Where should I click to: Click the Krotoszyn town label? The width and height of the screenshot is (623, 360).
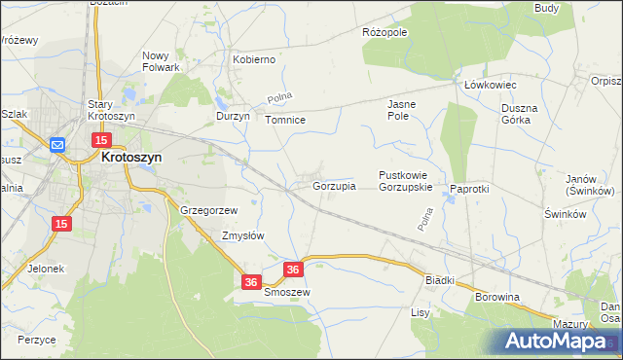131,156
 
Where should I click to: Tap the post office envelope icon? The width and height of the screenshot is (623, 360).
57,145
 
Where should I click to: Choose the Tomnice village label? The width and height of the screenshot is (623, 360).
286,120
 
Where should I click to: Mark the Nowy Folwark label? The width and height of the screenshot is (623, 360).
162,61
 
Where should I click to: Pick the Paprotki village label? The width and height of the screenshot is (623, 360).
468,189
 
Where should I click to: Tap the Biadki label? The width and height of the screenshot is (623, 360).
440,279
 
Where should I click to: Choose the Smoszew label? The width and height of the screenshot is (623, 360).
286,292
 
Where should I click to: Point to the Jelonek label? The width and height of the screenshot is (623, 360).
46,269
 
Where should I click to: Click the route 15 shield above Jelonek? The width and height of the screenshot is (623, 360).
61,224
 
